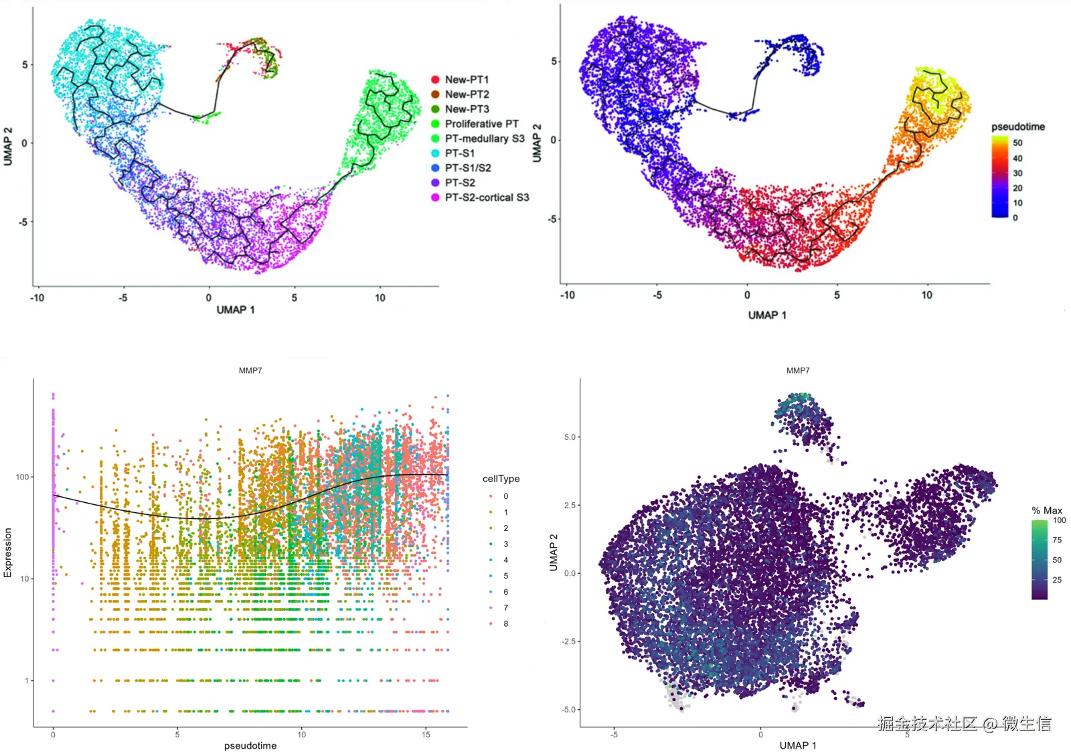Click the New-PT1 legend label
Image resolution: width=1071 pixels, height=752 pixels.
467,80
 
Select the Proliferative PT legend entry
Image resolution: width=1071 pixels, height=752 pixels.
481,124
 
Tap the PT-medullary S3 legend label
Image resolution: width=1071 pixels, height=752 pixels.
485,139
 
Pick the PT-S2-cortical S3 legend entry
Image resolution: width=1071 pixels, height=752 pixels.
487,198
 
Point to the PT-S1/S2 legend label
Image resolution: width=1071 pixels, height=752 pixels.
468,168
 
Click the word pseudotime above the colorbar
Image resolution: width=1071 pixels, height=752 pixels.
1017,127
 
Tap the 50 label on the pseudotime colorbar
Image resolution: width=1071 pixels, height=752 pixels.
1017,143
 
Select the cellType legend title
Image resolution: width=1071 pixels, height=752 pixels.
501,479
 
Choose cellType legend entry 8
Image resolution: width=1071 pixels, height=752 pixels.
505,623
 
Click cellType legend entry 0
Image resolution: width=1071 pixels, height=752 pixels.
505,496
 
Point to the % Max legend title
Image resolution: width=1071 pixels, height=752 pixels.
1047,510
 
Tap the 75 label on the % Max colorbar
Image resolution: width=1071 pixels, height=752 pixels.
1057,540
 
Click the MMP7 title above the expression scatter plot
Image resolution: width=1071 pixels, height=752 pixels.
250,370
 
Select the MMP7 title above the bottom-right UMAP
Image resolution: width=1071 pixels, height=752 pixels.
798,370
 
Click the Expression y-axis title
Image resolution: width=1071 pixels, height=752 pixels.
8,552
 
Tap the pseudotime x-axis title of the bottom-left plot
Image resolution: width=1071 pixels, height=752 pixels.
250,745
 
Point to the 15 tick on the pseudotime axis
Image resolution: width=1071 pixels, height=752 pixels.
426,735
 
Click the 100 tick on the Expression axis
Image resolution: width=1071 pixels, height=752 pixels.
22,477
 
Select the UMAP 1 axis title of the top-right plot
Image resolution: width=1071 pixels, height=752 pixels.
767,315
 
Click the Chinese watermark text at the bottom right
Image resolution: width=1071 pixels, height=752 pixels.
964,723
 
